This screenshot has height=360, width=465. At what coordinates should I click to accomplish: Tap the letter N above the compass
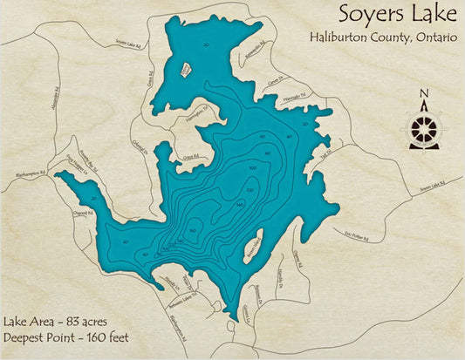tap(424, 94)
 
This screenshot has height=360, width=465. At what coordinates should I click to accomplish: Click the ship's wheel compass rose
tap(424, 128)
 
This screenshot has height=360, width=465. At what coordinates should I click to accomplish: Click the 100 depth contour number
tap(253, 167)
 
